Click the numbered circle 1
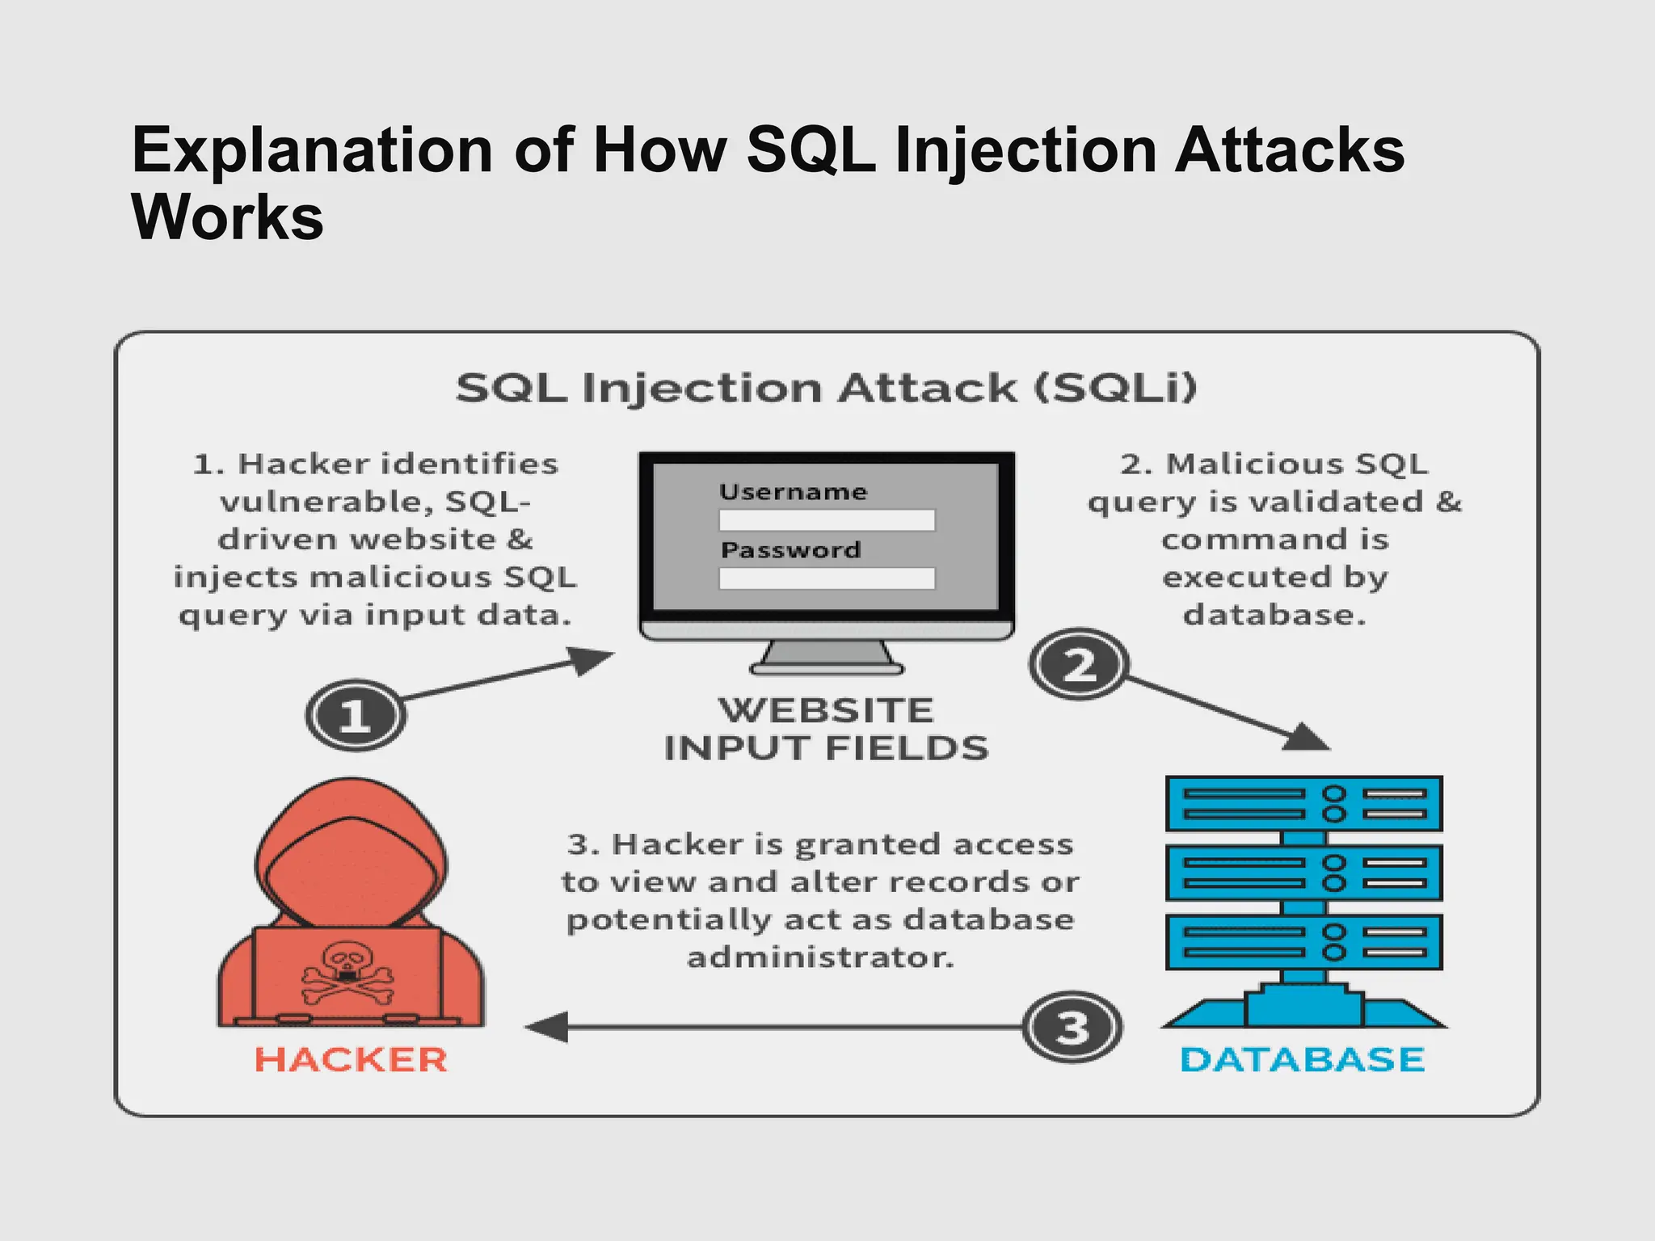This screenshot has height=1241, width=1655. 356,715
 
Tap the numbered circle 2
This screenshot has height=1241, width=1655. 1079,664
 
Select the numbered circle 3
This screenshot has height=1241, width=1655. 1072,1028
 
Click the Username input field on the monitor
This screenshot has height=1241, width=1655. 827,520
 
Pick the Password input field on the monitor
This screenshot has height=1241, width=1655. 827,578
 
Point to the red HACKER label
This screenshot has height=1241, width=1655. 351,1059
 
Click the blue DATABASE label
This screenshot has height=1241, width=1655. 1302,1059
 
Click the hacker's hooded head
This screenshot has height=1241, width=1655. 351,856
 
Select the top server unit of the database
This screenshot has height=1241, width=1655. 1303,804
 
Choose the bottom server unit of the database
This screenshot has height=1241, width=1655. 1303,942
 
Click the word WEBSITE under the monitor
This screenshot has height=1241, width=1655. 826,710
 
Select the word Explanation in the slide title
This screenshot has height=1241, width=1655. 312,150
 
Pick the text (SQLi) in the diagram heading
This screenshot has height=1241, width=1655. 1115,388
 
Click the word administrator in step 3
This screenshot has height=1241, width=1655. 820,957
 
